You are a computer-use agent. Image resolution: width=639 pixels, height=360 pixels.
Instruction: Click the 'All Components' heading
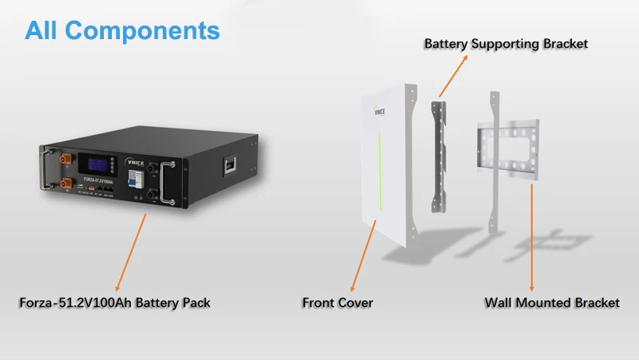pyautogui.click(x=122, y=31)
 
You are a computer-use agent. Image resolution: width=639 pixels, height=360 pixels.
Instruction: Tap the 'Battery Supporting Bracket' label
pyautogui.click(x=506, y=43)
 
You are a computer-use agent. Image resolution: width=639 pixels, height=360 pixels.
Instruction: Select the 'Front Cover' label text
pyautogui.click(x=337, y=303)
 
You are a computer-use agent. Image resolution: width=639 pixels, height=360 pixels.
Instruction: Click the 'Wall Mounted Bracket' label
pyautogui.click(x=552, y=303)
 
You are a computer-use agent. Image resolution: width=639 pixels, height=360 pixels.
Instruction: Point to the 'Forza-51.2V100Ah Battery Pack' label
pyautogui.click(x=115, y=303)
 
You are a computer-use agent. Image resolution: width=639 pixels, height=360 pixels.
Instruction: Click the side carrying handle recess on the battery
pyautogui.click(x=231, y=165)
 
